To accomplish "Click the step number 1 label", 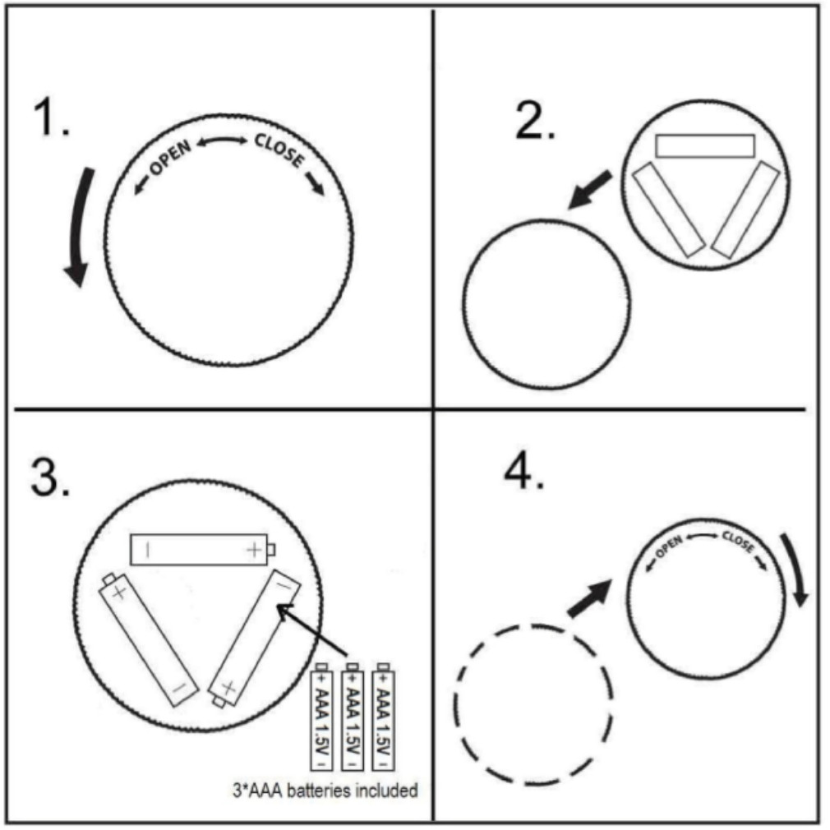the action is [51, 118].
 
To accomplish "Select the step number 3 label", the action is [50, 477].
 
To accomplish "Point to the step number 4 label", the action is [524, 471].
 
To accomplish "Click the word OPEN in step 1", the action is [170, 158].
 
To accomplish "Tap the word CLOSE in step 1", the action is [279, 150].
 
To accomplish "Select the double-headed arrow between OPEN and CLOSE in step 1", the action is [222, 141].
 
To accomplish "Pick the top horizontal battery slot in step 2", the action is [704, 146].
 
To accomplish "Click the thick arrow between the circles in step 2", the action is [589, 190].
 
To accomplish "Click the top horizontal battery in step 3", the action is [203, 550].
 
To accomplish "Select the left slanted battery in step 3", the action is [148, 639].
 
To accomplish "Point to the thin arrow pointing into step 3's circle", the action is [311, 629].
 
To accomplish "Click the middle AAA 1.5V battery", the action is [353, 717].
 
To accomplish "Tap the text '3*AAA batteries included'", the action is [325, 791].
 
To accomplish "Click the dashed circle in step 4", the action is [454, 704].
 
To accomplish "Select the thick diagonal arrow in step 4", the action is [590, 598].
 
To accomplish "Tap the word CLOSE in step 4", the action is [738, 542].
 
